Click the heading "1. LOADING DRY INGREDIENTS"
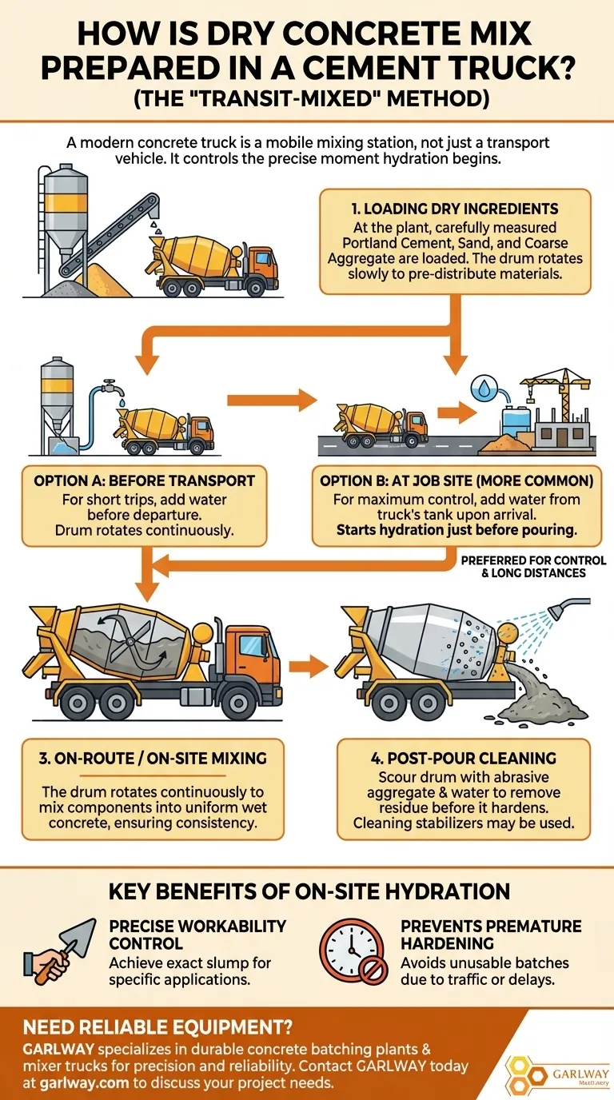pyautogui.click(x=454, y=209)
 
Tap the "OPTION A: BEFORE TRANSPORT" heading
pyautogui.click(x=144, y=480)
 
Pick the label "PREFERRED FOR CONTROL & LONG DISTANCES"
pyautogui.click(x=533, y=567)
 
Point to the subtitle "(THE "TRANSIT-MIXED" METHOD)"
pyautogui.click(x=307, y=98)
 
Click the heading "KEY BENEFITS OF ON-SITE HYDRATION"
pyautogui.click(x=307, y=891)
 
